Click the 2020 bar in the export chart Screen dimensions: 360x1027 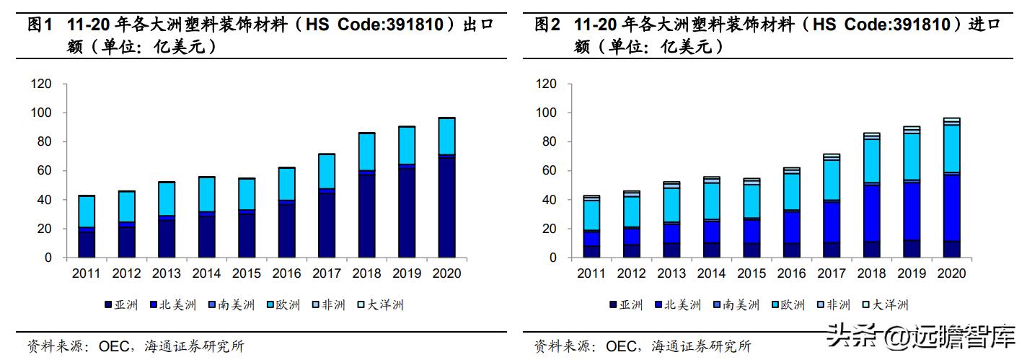click(446, 188)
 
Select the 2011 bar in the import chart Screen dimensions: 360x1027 click(591, 227)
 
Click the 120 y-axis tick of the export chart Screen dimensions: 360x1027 click(42, 84)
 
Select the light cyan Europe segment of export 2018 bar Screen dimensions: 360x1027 click(366, 152)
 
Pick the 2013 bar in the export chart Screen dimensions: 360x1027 click(167, 219)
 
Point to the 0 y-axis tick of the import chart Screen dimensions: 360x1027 click(553, 258)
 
